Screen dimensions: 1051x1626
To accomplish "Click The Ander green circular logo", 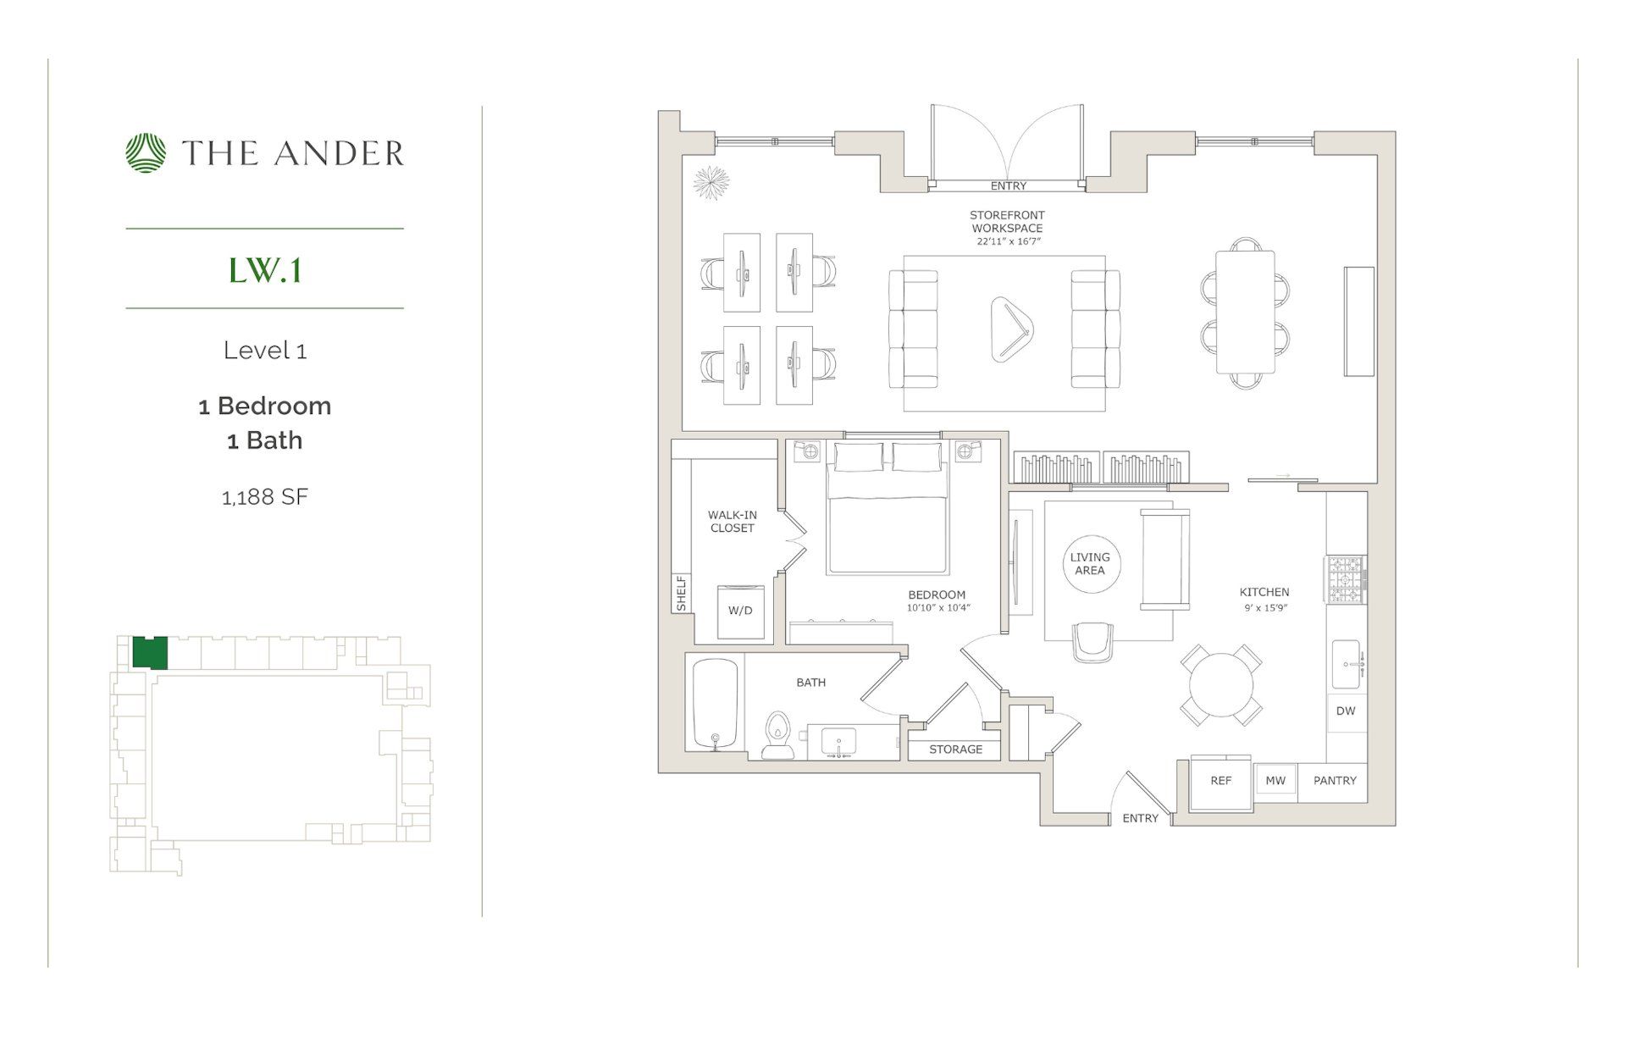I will point(146,153).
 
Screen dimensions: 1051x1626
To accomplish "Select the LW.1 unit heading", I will point(264,270).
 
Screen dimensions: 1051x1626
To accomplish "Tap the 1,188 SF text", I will point(264,497).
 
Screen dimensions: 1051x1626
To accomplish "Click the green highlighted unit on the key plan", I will point(150,653).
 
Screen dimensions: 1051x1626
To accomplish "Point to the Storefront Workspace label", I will point(1007,222).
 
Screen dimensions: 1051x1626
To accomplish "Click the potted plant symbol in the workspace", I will point(711,182).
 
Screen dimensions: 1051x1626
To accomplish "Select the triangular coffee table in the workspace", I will point(1011,329).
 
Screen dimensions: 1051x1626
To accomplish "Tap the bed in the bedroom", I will point(887,519).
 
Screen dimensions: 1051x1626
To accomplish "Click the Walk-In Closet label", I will point(732,521).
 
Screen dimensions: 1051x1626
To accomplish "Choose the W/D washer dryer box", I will point(740,611).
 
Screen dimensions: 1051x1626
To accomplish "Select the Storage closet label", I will point(955,750).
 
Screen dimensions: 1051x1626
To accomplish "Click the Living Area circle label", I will point(1090,563).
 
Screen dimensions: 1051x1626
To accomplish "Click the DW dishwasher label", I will point(1346,711).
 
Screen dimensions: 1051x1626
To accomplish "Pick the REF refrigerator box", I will point(1220,781).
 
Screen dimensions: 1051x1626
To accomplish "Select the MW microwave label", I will point(1275,781).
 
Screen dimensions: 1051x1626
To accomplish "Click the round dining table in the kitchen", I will point(1221,685).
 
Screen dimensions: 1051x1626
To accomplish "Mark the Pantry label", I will point(1335,781).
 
